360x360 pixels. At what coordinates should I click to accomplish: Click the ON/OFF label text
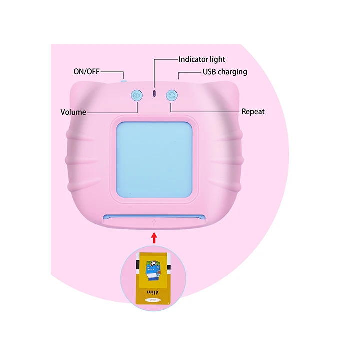[86, 71]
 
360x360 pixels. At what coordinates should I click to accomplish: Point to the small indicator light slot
[154, 93]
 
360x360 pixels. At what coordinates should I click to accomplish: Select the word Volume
[73, 112]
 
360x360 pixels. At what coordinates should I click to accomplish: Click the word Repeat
[253, 111]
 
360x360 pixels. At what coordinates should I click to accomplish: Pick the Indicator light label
[202, 59]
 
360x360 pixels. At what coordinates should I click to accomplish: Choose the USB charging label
[225, 72]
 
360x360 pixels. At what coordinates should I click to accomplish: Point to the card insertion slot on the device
[154, 217]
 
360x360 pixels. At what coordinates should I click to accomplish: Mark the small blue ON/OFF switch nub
[123, 79]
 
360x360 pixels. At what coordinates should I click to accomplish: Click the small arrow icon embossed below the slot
[154, 223]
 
